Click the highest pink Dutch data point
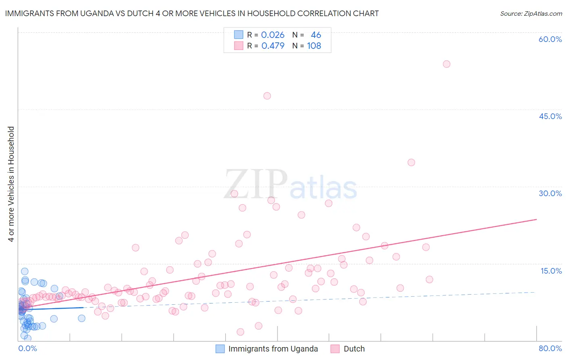pos(446,64)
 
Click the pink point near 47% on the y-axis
pos(267,96)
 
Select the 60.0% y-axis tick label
pos(550,39)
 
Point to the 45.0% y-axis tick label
pos(550,116)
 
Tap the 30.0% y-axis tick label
pos(550,193)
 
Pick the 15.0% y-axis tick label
pos(551,271)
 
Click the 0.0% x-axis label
pos(27,349)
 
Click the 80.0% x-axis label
pos(550,349)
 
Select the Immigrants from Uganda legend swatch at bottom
pos(220,349)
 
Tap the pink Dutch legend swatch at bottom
pos(335,349)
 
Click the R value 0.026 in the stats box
pos(273,35)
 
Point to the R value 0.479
pos(273,46)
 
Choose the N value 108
pos(314,46)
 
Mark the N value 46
pos(316,35)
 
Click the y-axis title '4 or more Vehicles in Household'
pos(11,184)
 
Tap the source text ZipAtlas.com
pos(542,14)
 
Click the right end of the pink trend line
pos(537,219)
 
